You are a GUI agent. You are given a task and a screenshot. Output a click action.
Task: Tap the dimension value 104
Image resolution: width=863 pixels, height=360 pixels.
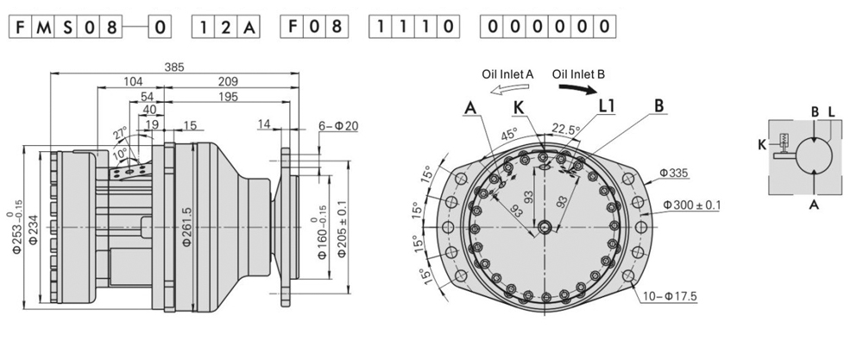[x=133, y=82]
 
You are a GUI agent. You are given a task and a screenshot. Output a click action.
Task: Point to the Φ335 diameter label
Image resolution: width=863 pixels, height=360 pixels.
[x=675, y=174]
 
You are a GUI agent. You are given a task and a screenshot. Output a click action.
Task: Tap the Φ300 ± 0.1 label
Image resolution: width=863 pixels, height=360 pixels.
[x=692, y=205]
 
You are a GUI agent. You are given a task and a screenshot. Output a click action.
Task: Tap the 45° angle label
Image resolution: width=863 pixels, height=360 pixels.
[x=510, y=135]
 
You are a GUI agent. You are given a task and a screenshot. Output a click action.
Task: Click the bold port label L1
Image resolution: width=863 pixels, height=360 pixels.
[x=608, y=105]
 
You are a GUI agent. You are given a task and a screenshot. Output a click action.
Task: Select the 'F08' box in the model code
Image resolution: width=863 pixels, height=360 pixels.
[x=314, y=27]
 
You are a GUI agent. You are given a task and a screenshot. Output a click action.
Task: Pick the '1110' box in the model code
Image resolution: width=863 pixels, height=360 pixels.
[x=413, y=27]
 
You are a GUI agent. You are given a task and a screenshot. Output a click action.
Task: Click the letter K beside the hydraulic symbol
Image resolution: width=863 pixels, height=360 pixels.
[x=761, y=144]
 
